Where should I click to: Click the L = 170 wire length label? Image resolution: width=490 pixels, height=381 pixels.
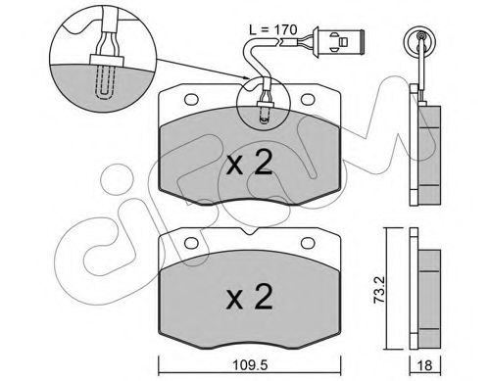pyautogui.click(x=273, y=30)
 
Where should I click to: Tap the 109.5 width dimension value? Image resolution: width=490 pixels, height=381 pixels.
pyautogui.click(x=250, y=364)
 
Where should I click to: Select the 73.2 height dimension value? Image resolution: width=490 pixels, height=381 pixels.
pyautogui.click(x=380, y=291)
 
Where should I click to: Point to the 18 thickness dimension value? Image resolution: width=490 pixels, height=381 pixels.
pyautogui.click(x=425, y=365)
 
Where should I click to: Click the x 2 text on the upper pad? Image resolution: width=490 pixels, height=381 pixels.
pyautogui.click(x=250, y=164)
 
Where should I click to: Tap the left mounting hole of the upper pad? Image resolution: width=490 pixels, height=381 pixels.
pyautogui.click(x=191, y=99)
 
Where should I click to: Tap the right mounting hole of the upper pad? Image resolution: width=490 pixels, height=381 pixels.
pyautogui.click(x=308, y=99)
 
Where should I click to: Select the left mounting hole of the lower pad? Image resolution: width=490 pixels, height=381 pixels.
pyautogui.click(x=191, y=243)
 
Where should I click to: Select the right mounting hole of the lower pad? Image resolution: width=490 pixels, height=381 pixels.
pyautogui.click(x=308, y=243)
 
